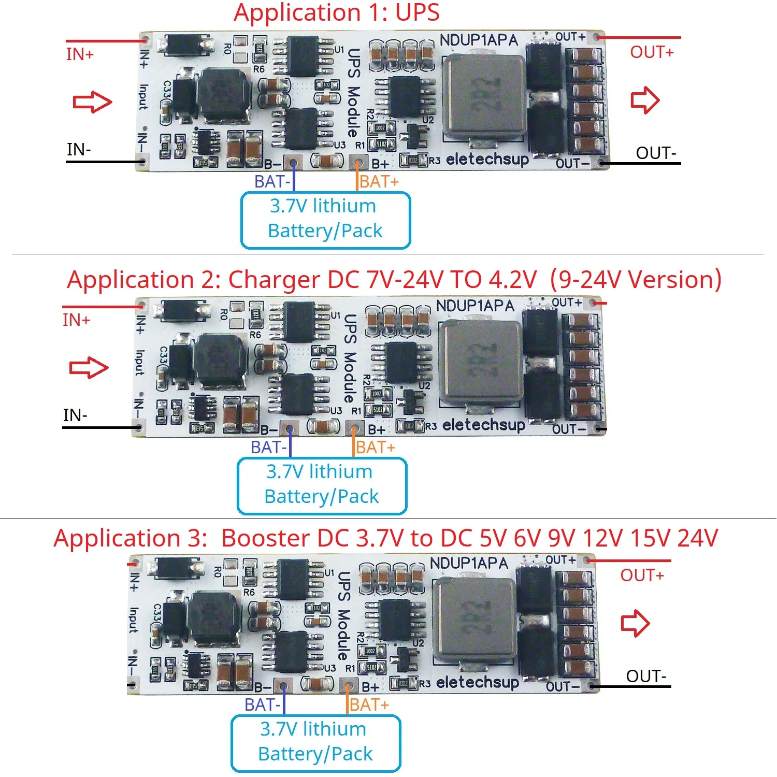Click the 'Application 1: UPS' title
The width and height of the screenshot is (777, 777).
click(x=337, y=12)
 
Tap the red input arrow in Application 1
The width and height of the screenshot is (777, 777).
click(x=92, y=102)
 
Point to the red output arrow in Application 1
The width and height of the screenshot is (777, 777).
click(x=645, y=100)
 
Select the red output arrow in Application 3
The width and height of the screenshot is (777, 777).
click(x=635, y=623)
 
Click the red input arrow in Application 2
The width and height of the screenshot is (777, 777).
click(x=89, y=368)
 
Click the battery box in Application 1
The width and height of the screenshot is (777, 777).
click(x=325, y=220)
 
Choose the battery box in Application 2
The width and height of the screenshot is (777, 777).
click(x=322, y=485)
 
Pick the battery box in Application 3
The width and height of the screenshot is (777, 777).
click(x=315, y=742)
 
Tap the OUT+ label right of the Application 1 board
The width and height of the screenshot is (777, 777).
click(x=652, y=52)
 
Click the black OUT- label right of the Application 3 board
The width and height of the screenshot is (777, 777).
click(x=646, y=676)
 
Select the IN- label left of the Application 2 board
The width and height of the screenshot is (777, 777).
click(x=76, y=415)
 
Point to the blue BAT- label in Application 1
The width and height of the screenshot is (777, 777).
click(x=272, y=182)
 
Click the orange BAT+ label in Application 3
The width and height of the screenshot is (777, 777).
click(x=369, y=705)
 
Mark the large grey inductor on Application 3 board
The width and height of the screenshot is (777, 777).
click(x=474, y=620)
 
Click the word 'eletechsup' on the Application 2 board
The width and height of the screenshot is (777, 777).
click(x=484, y=425)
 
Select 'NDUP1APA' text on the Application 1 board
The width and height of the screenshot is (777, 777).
click(x=479, y=40)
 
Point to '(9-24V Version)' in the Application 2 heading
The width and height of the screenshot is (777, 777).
click(x=636, y=280)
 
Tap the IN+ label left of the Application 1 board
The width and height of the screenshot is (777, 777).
click(x=80, y=54)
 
